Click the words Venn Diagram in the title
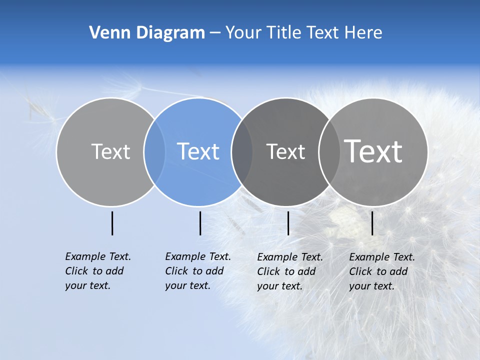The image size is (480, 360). point(147,33)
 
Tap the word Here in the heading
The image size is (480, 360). point(363,33)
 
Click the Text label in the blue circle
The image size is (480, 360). point(198,151)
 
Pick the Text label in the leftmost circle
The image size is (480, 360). point(110,151)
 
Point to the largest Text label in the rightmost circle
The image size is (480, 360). point(373,151)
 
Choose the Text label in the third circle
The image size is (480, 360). point(285,151)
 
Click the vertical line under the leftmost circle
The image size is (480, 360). point(112,223)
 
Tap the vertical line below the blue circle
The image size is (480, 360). point(200,223)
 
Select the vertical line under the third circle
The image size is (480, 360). point(288,223)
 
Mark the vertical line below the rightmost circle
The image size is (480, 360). point(372,223)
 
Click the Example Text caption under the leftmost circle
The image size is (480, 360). point(97,271)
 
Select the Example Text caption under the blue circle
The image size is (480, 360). point(197,271)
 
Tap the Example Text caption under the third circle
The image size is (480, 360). point(289,271)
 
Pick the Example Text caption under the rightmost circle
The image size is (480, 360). point(381,271)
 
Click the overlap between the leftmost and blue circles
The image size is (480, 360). point(154,151)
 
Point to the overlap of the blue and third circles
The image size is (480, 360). point(242,151)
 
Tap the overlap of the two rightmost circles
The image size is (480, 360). point(328,151)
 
